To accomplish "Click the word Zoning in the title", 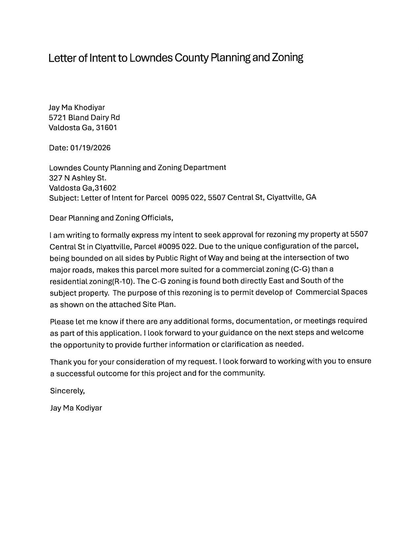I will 287,58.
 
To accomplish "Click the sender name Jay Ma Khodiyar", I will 77,107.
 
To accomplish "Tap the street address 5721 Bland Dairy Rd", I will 84,118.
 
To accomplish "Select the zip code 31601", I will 106,127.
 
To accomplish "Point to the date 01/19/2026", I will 90,148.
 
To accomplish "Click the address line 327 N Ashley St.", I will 78,178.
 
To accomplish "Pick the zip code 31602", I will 105,188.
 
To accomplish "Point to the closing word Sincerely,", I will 67,391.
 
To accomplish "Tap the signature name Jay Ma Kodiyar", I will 76,408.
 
